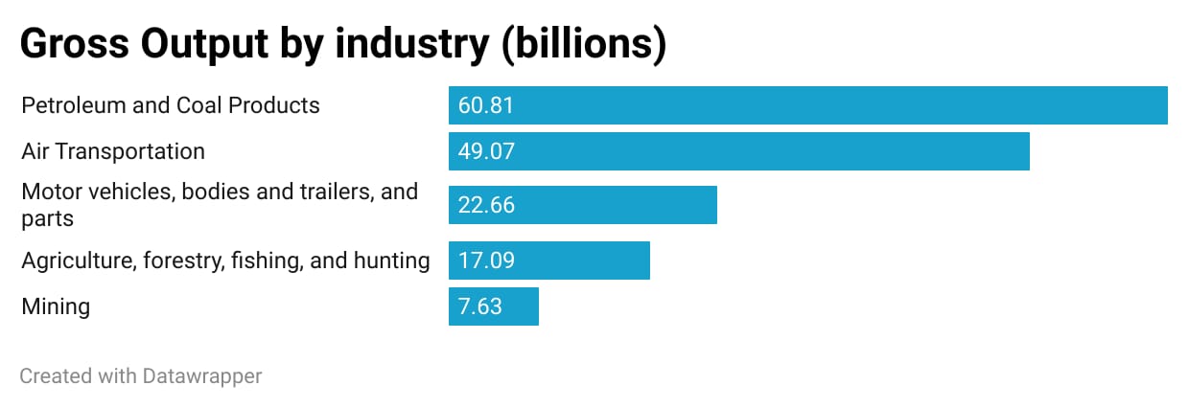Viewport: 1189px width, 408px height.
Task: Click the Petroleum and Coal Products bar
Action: [x=807, y=105]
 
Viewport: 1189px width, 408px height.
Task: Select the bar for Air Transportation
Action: [x=738, y=152]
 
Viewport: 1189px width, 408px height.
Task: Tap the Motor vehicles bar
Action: [x=583, y=205]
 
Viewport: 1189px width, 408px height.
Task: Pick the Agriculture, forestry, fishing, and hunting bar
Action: [x=549, y=261]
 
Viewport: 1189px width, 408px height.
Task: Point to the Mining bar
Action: [x=494, y=306]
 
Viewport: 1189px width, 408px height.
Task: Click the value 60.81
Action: [x=486, y=105]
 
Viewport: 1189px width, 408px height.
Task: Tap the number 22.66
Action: [x=486, y=205]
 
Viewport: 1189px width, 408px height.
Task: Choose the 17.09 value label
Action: [x=486, y=261]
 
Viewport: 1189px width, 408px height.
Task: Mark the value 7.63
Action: [x=480, y=306]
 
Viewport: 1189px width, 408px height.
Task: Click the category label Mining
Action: [x=56, y=306]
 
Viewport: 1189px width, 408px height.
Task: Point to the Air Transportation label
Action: [x=113, y=151]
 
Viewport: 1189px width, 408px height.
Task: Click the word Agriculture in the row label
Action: [x=77, y=261]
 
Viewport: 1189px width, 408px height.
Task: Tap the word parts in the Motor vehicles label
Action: [x=47, y=218]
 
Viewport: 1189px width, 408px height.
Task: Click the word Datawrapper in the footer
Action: [x=202, y=376]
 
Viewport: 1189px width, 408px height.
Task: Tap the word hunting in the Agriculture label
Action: [x=391, y=261]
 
